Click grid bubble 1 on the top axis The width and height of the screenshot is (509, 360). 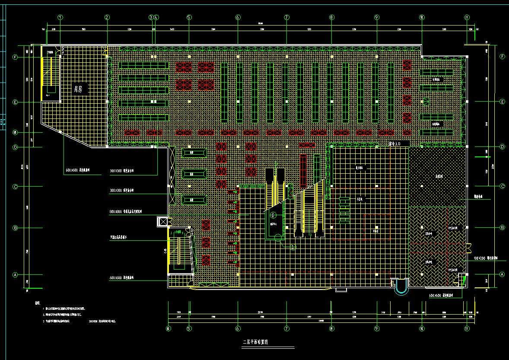click(60, 18)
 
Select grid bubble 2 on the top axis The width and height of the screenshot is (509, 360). click(107, 18)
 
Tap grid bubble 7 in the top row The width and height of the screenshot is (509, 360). click(286, 18)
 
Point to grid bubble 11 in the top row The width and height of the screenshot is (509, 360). click(467, 18)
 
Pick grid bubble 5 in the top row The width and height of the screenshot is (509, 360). click(189, 18)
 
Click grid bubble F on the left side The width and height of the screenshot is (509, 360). click(15, 57)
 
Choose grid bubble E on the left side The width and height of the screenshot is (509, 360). click(15, 102)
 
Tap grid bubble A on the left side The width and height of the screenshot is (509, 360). click(15, 274)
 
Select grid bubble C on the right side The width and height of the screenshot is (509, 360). click(502, 186)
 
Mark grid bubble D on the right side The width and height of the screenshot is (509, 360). click(502, 147)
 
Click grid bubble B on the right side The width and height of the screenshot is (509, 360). click(502, 228)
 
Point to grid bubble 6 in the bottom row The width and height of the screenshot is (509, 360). click(238, 328)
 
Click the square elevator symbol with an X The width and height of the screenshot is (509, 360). click(163, 222)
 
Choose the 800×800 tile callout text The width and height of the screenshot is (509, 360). click(126, 212)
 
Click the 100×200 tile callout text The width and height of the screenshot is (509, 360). click(486, 258)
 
